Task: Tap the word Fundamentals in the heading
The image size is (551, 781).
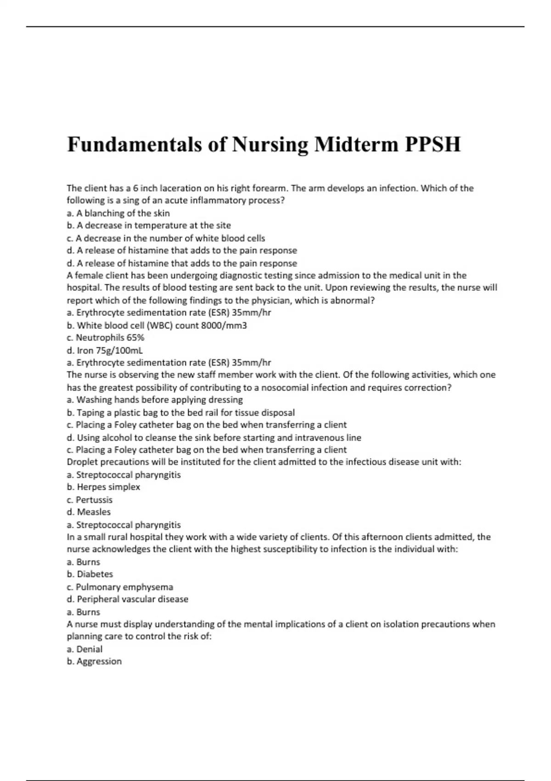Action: [x=135, y=144]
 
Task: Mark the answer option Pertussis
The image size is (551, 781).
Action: [x=94, y=500]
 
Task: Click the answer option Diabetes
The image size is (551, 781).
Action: [x=95, y=574]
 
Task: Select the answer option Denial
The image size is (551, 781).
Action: [x=89, y=649]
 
